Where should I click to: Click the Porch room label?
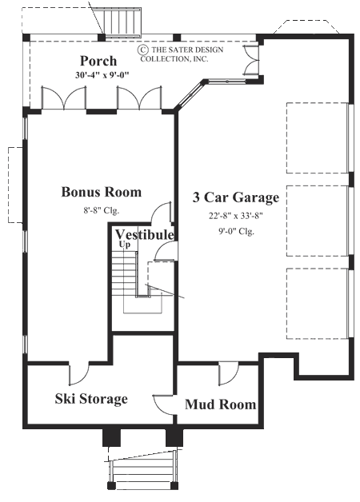98,61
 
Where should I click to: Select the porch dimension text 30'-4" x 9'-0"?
98,75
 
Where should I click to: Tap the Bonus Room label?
102,192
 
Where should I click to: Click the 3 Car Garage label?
237,197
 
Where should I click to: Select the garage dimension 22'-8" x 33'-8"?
237,215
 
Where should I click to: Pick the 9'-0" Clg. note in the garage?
237,231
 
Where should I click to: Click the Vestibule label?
144,234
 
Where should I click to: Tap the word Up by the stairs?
125,245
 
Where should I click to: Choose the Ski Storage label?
90,398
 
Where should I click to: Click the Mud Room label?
220,404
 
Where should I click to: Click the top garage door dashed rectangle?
318,137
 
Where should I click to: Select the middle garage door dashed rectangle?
318,220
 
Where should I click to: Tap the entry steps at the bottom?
143,472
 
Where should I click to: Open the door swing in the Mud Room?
228,372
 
